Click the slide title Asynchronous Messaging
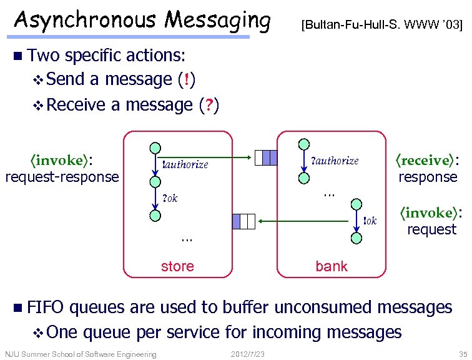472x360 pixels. coord(142,20)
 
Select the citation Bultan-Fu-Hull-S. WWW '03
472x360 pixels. coord(381,26)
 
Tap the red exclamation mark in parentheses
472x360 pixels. coord(187,79)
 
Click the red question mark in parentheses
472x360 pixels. coord(208,104)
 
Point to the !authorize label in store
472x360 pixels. coord(185,164)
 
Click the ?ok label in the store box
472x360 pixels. coord(170,199)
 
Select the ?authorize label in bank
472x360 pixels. coord(335,161)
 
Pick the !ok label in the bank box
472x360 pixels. coord(370,220)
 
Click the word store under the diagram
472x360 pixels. coord(177,266)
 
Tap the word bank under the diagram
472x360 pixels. coord(332,266)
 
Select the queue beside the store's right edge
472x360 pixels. coord(243,221)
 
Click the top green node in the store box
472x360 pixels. coord(154,148)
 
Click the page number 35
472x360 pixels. coord(462,354)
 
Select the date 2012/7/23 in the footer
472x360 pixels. coord(248,354)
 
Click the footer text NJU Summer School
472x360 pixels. coord(81,354)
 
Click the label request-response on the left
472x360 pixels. coord(62,177)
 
